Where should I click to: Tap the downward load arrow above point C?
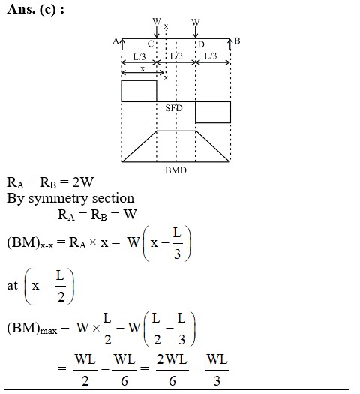pyautogui.click(x=157, y=32)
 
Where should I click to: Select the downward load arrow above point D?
pyautogui.click(x=196, y=32)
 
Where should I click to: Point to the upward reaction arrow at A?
pyautogui.click(x=122, y=44)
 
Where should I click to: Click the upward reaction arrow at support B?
pyautogui.click(x=230, y=44)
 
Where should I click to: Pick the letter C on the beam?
pyautogui.click(x=151, y=44)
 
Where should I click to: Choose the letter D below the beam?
pyautogui.click(x=201, y=44)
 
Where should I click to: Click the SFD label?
pyautogui.click(x=174, y=108)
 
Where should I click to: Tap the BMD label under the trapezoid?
pyautogui.click(x=175, y=170)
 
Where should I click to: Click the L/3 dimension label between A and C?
pyautogui.click(x=139, y=56)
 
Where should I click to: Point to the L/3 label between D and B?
pyautogui.click(x=211, y=56)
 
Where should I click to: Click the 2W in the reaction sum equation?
pyautogui.click(x=82, y=182)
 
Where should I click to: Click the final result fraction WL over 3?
pyautogui.click(x=217, y=370)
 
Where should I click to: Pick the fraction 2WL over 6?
pyautogui.click(x=172, y=370)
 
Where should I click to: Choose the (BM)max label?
pyautogui.click(x=32, y=329)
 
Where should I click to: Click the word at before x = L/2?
pyautogui.click(x=12, y=285)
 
